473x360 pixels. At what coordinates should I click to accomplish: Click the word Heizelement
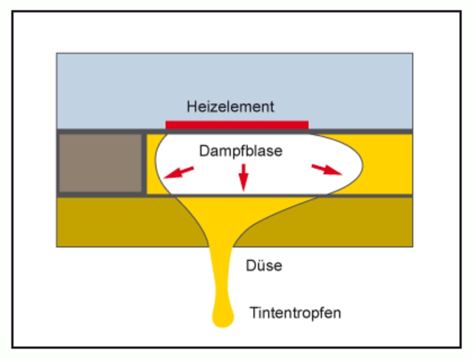(x=230, y=107)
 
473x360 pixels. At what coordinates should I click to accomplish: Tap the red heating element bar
(x=237, y=125)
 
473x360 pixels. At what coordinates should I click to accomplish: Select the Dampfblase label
(x=240, y=151)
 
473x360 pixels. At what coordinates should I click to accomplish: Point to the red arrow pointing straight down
(x=243, y=177)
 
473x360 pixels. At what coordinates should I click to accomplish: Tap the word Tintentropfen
(x=295, y=313)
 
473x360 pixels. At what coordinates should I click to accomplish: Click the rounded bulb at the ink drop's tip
(x=223, y=316)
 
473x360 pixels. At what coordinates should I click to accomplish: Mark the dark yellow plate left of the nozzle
(x=114, y=222)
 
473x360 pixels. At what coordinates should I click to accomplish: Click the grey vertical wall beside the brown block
(x=145, y=163)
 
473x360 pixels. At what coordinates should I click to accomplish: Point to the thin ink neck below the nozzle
(x=223, y=276)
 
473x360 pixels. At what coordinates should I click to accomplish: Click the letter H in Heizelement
(x=191, y=107)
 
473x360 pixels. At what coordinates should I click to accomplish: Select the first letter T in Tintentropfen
(x=253, y=313)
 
